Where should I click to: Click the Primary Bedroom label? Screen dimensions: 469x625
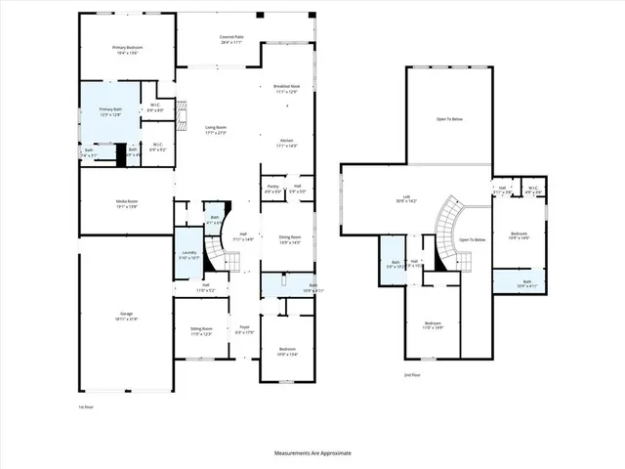coord(127,48)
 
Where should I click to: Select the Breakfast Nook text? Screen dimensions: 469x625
coord(287,87)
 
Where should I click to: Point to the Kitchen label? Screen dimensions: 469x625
coord(287,141)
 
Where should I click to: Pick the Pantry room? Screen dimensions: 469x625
coord(273,190)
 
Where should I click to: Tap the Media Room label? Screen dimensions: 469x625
coord(127,203)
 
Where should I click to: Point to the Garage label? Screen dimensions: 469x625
coord(126,315)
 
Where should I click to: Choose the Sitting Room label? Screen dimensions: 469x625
coord(200,331)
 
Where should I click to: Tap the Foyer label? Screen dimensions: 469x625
coord(244,331)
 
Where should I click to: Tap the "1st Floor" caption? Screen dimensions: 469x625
coord(87,405)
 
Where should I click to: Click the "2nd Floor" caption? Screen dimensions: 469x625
coord(412,374)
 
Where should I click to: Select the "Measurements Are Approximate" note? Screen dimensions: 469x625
coord(312,453)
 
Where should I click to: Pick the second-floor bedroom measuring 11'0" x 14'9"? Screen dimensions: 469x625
coord(434,325)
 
